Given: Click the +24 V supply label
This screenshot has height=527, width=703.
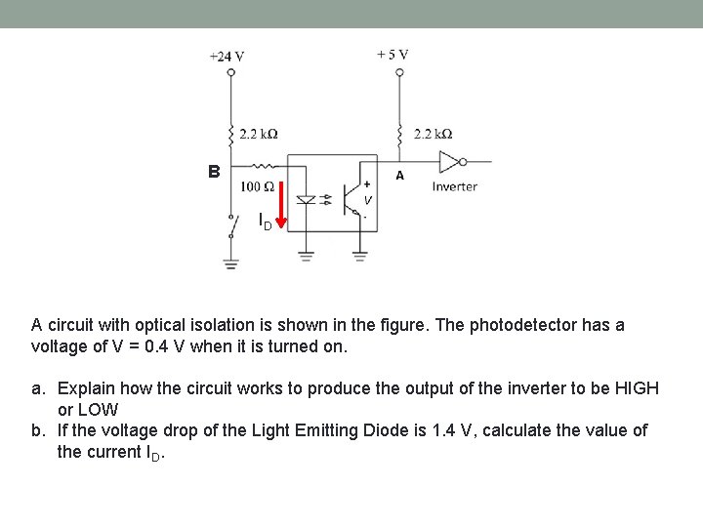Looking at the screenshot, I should (x=227, y=57).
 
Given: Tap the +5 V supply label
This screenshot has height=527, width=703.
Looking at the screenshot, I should (x=393, y=55).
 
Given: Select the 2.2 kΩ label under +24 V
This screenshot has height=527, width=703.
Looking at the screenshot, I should (x=259, y=134).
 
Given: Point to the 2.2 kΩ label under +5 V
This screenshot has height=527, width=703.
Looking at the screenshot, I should (x=434, y=134).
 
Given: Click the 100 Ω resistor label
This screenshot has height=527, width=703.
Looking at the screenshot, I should (x=257, y=186).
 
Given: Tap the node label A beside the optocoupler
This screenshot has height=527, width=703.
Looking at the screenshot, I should (x=398, y=177).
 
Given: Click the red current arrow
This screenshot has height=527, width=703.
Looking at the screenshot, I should (x=281, y=206).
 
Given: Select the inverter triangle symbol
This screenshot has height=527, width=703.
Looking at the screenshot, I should (x=450, y=161).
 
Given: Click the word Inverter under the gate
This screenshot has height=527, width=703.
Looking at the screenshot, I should (x=454, y=186).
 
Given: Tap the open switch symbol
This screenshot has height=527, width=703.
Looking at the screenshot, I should (x=233, y=225).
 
